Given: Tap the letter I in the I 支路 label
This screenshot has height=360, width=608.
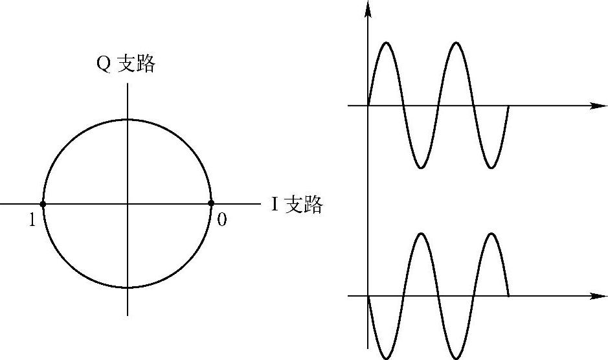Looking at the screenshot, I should point(275,205).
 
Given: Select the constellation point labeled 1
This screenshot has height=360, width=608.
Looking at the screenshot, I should point(43,204).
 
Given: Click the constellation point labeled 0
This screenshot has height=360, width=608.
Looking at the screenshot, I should point(211,203).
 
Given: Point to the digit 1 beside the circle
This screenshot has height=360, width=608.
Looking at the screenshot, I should point(31,221).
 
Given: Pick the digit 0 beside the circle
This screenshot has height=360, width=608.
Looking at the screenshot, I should point(222,220).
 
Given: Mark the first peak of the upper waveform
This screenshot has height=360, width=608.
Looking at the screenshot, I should point(387,43).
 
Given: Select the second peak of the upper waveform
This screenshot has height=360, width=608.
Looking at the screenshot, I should point(457,43).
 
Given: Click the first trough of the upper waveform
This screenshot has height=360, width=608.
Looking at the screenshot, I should point(422,168).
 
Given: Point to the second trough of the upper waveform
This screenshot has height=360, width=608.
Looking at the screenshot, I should point(492,168).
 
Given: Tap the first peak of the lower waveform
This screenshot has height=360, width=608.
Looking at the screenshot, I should point(422,233).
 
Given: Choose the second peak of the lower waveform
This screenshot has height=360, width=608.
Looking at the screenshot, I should point(492,233).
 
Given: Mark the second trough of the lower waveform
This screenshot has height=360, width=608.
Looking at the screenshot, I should point(457,358).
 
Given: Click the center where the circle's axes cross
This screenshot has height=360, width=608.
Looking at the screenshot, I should point(128,204).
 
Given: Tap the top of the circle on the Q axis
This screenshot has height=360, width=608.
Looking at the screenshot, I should point(128,120).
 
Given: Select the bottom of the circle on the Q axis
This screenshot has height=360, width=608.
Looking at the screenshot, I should point(128,287).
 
